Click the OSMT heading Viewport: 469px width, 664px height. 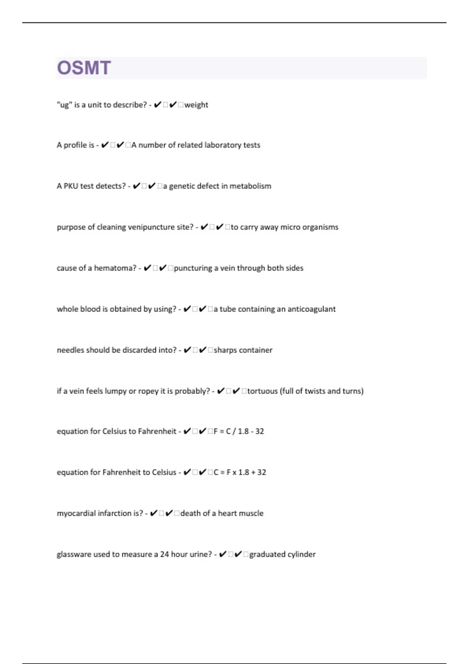coord(84,68)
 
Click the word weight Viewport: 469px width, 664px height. coord(196,105)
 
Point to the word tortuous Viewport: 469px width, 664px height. coord(262,391)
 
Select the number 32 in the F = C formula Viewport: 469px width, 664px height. coord(260,431)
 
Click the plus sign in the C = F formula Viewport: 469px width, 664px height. coord(253,472)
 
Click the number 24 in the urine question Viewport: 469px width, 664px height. coord(164,554)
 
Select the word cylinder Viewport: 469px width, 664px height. coord(301,554)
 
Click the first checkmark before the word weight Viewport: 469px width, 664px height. coord(158,105)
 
